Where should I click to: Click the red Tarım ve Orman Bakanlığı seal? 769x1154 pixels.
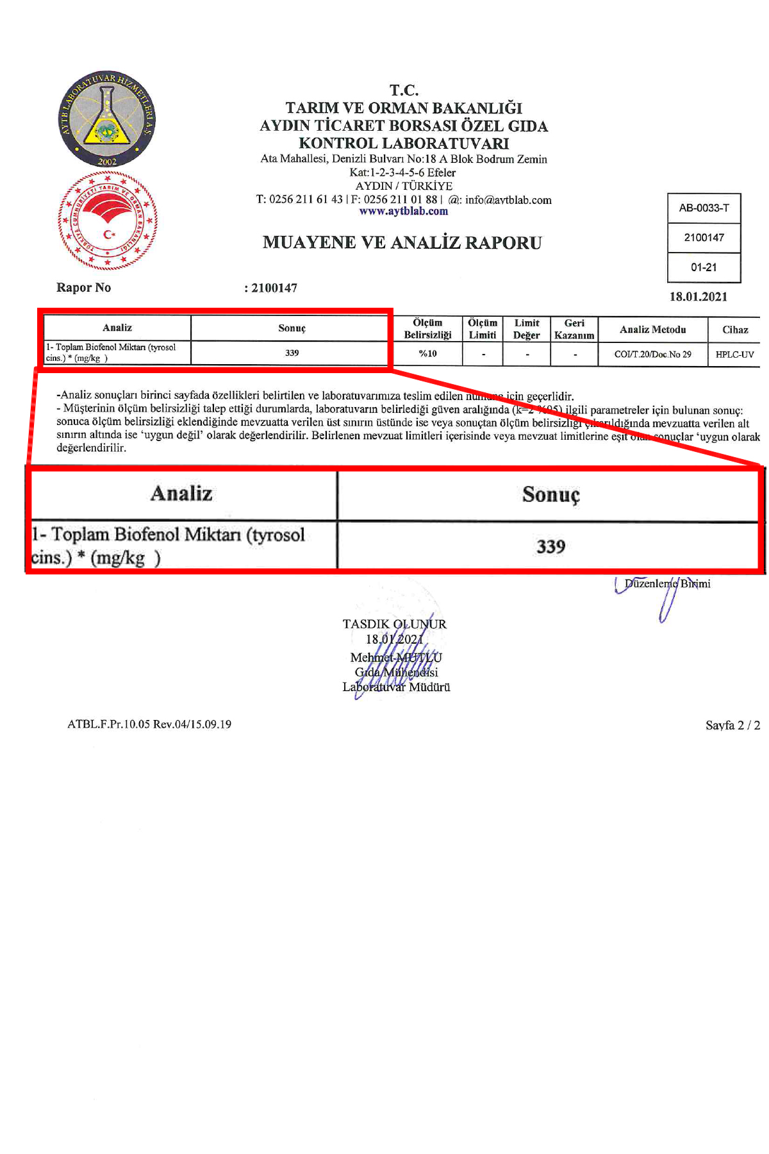tap(108, 221)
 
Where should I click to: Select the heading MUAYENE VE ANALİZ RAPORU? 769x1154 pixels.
tap(402, 242)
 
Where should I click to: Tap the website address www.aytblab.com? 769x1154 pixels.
tap(404, 211)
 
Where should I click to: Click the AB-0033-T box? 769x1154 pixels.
tap(704, 208)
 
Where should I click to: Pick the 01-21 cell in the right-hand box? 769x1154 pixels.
tap(704, 267)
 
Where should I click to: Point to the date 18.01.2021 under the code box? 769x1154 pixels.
tap(699, 296)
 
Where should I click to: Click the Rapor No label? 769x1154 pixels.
tap(83, 287)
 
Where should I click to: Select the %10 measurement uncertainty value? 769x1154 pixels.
tap(427, 353)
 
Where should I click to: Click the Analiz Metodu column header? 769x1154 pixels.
tap(652, 330)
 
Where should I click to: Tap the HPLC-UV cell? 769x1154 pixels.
tap(734, 354)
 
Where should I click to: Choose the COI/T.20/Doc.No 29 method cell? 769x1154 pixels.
tap(652, 354)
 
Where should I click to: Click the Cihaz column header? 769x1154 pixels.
tap(735, 330)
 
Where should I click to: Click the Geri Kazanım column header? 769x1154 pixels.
tap(574, 329)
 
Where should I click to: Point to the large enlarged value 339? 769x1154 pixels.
tap(550, 546)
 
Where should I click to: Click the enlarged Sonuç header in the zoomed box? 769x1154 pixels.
tap(550, 494)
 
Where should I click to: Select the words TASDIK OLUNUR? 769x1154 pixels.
tap(394, 624)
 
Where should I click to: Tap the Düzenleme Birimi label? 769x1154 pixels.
tap(667, 583)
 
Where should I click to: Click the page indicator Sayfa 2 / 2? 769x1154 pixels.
tap(732, 725)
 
